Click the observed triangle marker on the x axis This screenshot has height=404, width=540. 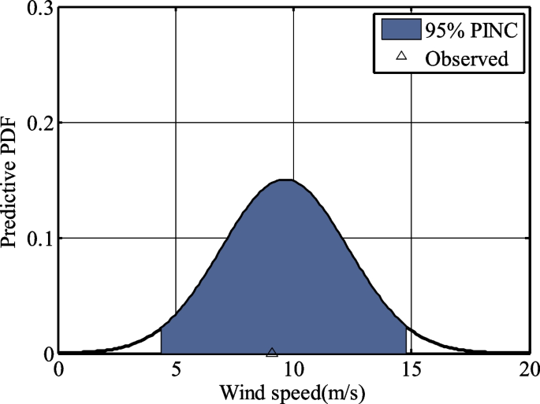tap(272, 352)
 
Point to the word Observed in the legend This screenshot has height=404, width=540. tap(465, 57)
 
